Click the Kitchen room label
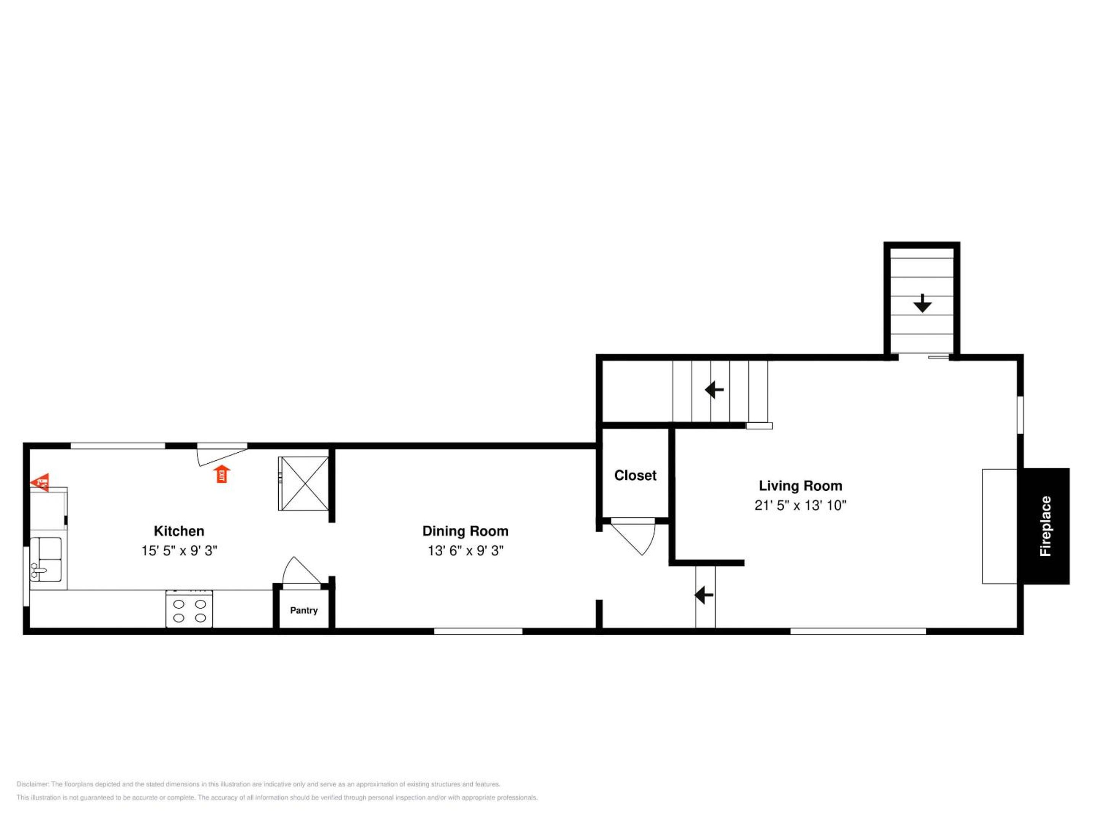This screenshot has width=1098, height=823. (x=179, y=531)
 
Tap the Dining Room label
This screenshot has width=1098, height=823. (x=465, y=531)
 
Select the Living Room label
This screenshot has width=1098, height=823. (x=800, y=486)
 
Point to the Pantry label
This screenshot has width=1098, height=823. (x=304, y=610)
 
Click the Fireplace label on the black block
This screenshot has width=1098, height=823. (x=1045, y=526)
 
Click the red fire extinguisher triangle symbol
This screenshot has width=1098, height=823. (x=40, y=481)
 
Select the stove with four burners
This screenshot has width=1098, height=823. (x=189, y=609)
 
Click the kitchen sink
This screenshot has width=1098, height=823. (x=46, y=559)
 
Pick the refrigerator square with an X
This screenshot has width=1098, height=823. (x=303, y=484)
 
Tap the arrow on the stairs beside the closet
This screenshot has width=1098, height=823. (x=714, y=389)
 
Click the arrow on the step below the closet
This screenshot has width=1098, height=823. (x=704, y=594)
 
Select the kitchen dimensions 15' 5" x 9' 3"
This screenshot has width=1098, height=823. (x=179, y=551)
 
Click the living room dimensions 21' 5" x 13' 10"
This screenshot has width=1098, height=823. (x=800, y=505)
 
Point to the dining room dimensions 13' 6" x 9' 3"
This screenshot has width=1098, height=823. (x=466, y=551)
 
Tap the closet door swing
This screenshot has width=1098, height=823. (x=633, y=537)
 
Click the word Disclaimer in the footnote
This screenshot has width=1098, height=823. (x=33, y=784)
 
